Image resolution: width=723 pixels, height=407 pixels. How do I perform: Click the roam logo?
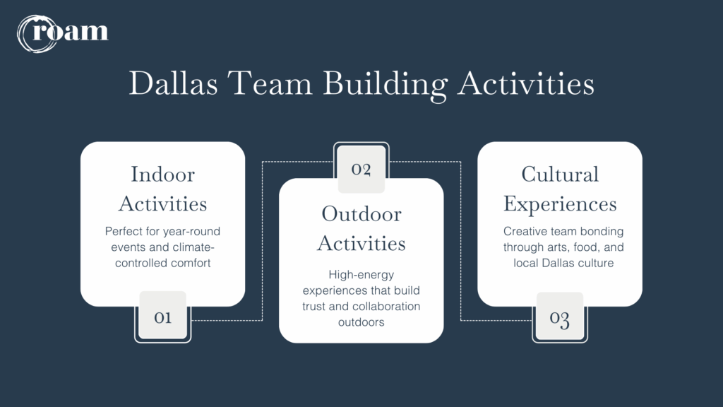(x=63, y=33)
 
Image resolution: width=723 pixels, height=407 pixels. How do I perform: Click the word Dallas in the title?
(x=173, y=83)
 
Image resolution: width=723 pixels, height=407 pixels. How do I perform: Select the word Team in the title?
(x=270, y=83)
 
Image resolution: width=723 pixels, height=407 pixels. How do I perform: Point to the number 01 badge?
(x=163, y=317)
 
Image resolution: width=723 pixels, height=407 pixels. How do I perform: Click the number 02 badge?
(x=361, y=169)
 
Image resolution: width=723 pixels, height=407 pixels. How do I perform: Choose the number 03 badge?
(x=560, y=317)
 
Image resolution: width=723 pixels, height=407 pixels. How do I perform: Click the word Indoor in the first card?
(x=163, y=175)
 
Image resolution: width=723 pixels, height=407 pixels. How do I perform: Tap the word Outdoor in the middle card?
(x=361, y=214)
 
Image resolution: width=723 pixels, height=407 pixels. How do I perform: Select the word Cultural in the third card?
(x=560, y=175)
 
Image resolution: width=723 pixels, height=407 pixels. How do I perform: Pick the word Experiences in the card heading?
(x=560, y=204)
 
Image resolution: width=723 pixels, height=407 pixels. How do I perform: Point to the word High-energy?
(x=361, y=275)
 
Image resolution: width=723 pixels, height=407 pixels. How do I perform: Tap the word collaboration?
(x=385, y=307)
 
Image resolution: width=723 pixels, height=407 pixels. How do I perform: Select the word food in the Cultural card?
(x=585, y=247)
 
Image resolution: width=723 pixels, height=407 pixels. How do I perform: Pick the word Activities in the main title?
(x=525, y=83)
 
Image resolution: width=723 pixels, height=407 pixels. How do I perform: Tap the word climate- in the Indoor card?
(x=193, y=247)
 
